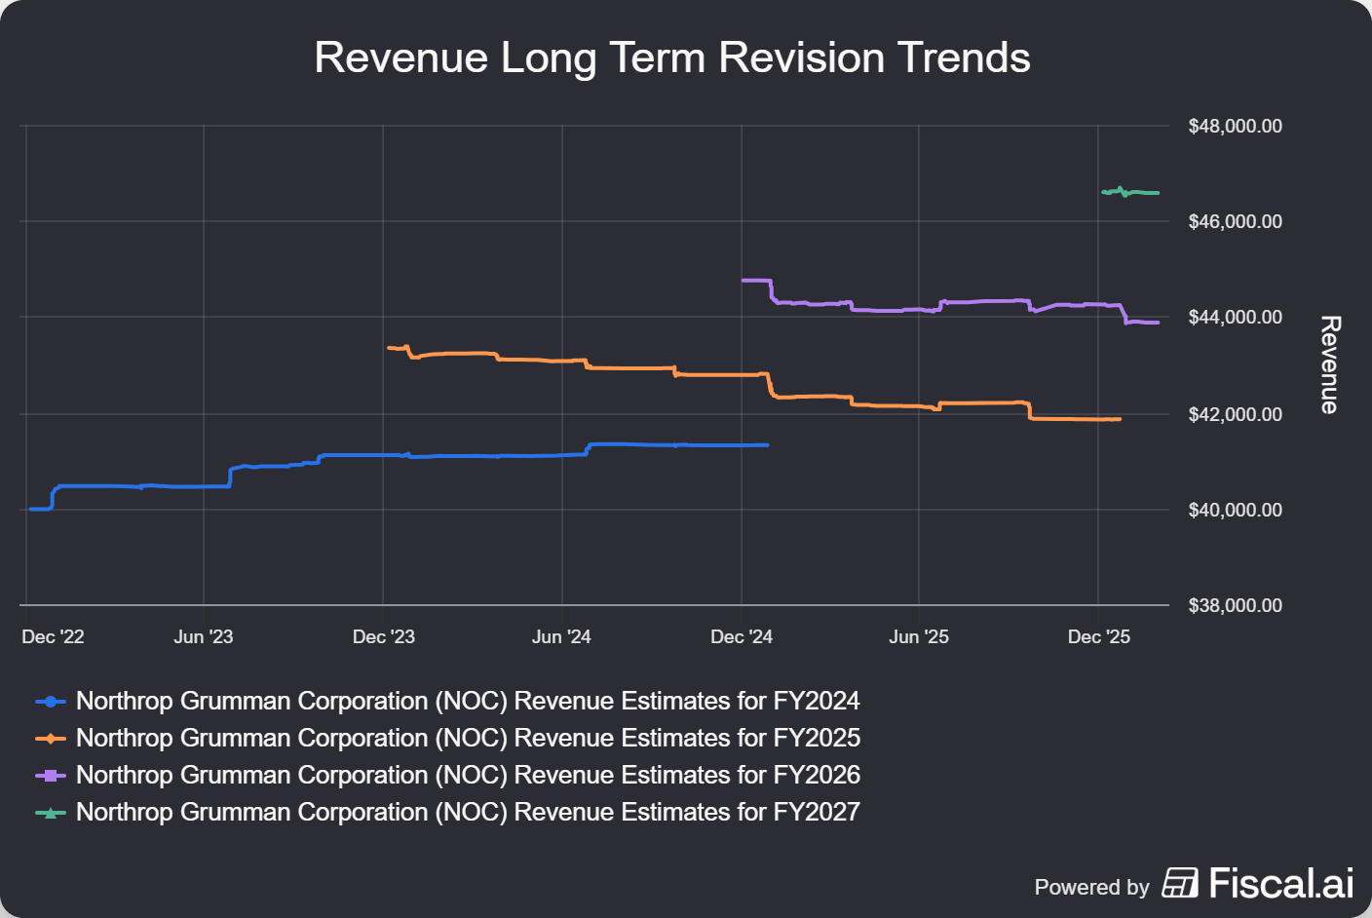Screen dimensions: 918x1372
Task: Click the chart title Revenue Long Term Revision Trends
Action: (x=671, y=57)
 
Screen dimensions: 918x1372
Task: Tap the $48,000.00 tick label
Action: (x=1235, y=126)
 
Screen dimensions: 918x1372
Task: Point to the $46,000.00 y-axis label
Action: (x=1235, y=221)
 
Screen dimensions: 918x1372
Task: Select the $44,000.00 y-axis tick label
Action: (x=1235, y=317)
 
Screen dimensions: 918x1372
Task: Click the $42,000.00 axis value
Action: (x=1235, y=414)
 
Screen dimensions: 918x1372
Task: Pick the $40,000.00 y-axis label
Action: (x=1235, y=510)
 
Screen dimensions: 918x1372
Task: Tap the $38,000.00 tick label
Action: (x=1235, y=605)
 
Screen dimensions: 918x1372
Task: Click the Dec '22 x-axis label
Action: (x=53, y=636)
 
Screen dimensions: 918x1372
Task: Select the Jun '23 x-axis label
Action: (x=203, y=636)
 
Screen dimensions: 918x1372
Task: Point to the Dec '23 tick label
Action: (x=383, y=636)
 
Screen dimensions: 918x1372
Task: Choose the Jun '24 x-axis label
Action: (x=561, y=636)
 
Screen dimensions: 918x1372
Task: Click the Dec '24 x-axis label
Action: (x=741, y=636)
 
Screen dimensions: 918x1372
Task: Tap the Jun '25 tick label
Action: (x=918, y=636)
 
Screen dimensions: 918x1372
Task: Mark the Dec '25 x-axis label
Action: (x=1098, y=636)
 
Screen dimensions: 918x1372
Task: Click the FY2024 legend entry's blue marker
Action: (x=51, y=702)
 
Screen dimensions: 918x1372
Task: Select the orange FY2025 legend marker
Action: (x=51, y=739)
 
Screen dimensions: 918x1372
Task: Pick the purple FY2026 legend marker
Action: (x=51, y=776)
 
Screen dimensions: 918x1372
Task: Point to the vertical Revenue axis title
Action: (x=1329, y=364)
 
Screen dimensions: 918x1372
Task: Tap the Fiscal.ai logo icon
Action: (x=1180, y=883)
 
